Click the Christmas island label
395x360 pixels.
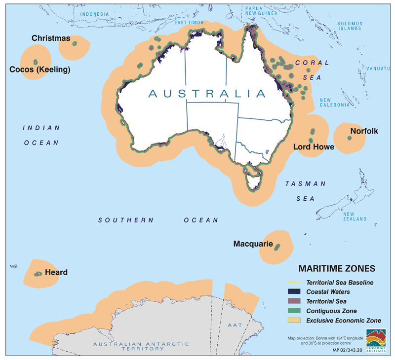point(51,38)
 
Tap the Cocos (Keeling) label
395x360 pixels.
point(40,70)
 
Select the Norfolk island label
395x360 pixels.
point(364,131)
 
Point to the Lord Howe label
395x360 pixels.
point(314,147)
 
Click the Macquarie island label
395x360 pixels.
point(253,244)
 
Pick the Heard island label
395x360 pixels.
point(56,272)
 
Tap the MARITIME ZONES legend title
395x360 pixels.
point(337,269)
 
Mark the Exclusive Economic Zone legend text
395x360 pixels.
point(343,321)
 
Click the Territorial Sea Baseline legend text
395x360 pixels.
point(339,283)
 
